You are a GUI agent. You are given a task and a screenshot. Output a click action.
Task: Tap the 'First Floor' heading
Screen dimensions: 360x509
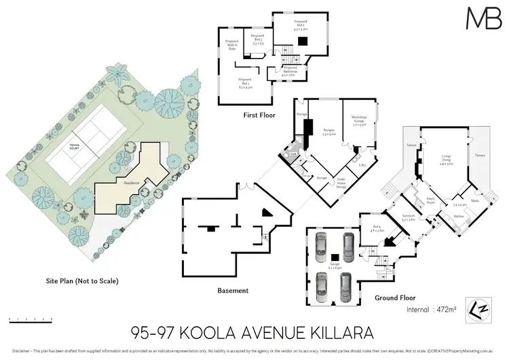258,115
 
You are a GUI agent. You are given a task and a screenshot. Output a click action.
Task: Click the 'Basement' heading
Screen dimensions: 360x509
233,290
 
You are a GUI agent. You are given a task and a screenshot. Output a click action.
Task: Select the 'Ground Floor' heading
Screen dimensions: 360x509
394,298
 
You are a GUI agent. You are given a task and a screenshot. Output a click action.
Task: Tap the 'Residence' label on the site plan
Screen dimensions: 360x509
132,183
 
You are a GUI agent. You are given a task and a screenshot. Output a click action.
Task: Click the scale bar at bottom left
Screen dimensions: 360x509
31,318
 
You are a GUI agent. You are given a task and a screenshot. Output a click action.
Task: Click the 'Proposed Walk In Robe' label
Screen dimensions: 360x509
232,46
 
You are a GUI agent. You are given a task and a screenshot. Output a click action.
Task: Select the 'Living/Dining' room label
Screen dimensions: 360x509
446,160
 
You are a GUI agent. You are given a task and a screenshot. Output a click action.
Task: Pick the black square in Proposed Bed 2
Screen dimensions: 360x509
305,40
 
